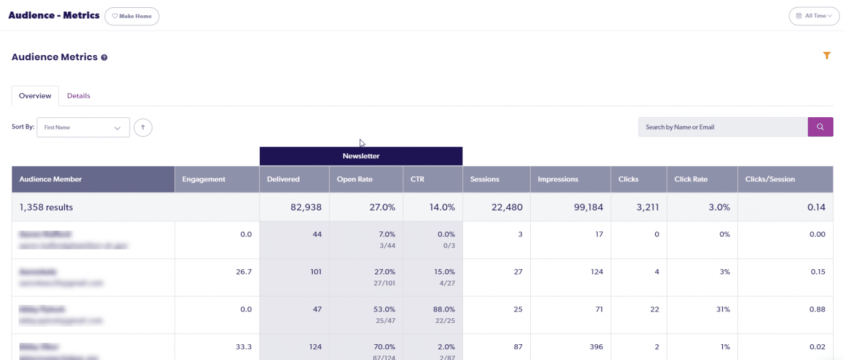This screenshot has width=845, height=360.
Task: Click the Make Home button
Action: [x=132, y=16]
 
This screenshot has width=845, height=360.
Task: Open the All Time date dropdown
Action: [x=814, y=16]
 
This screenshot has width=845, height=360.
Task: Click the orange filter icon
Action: [x=826, y=55]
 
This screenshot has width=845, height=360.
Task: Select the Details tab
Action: [x=78, y=96]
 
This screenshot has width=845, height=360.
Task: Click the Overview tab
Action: [x=35, y=96]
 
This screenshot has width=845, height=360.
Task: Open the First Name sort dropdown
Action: [x=83, y=127]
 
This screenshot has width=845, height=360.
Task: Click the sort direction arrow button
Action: [x=143, y=127]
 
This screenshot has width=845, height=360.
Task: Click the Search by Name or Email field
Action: [x=723, y=127]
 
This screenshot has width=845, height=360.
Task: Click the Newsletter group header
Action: [x=361, y=156]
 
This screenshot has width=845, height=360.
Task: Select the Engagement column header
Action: [x=203, y=179]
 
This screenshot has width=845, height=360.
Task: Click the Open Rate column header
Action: [x=354, y=179]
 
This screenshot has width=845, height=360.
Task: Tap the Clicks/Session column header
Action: [x=770, y=179]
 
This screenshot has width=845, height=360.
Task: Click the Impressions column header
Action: [x=558, y=179]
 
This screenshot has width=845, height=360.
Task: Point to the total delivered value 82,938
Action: [x=303, y=207]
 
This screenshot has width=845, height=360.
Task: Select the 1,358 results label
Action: [x=46, y=207]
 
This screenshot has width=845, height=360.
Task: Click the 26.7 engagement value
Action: [x=244, y=272]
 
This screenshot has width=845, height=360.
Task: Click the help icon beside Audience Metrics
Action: [x=104, y=57]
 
